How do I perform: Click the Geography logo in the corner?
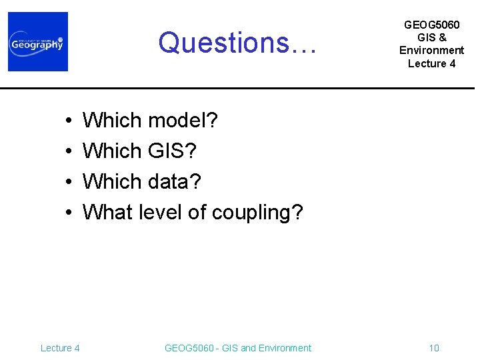pyautogui.click(x=38, y=42)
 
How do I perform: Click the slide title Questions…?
pyautogui.click(x=238, y=43)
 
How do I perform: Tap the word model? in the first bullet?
pyautogui.click(x=183, y=121)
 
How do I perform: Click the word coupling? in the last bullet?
pyautogui.click(x=257, y=213)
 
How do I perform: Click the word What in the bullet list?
pyautogui.click(x=108, y=212)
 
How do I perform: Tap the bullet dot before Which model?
pyautogui.click(x=69, y=121)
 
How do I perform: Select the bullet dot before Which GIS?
pyautogui.click(x=69, y=152)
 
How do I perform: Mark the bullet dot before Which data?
pyautogui.click(x=69, y=182)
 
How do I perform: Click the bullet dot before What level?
pyautogui.click(x=69, y=213)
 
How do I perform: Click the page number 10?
pyautogui.click(x=434, y=348)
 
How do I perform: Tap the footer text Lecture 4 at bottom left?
pyautogui.click(x=60, y=348)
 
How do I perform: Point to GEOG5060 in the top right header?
pyautogui.click(x=431, y=25)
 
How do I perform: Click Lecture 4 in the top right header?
pyautogui.click(x=431, y=63)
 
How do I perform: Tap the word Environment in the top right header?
pyautogui.click(x=431, y=51)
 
